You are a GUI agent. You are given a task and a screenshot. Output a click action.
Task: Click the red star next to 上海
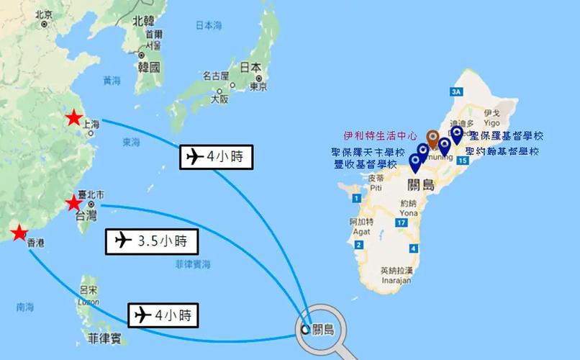point(73,119)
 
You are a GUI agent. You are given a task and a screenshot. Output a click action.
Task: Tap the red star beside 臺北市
point(74,203)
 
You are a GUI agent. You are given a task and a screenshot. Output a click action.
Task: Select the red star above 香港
point(19,233)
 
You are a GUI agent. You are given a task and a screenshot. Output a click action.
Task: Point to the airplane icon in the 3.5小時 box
point(123,240)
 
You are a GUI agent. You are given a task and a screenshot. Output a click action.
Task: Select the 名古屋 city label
point(216,76)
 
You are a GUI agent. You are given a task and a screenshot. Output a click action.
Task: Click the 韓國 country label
point(148,68)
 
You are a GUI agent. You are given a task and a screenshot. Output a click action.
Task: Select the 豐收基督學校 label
point(366,164)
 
